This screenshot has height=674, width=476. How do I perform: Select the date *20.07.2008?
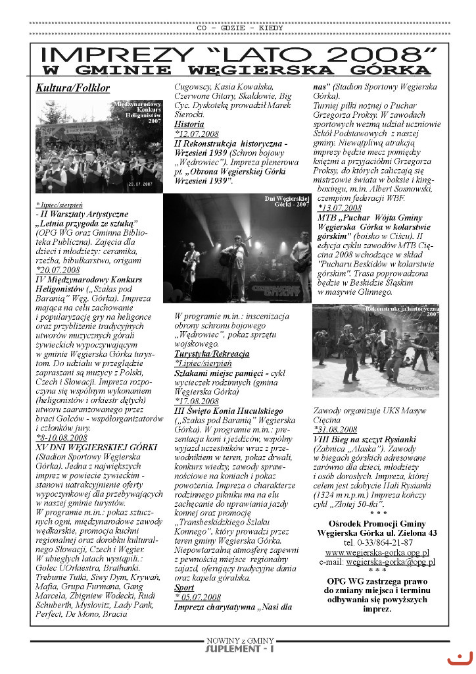58,270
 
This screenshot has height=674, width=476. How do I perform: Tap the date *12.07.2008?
197,134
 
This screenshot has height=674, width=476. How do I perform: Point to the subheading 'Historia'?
189,124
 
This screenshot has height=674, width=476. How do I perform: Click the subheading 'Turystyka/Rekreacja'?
212,353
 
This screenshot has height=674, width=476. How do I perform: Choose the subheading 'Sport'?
184,587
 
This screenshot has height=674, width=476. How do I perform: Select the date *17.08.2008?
197,401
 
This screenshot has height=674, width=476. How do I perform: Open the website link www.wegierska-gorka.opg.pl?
377,552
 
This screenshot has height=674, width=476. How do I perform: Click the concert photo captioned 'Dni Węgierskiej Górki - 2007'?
237,247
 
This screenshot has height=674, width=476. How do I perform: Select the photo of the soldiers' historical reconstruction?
375,350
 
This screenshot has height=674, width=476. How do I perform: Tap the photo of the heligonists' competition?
99,146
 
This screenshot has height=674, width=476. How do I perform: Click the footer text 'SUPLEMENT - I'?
240,650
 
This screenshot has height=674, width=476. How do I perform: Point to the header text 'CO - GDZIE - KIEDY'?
240,28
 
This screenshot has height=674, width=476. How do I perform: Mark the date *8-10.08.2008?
61,437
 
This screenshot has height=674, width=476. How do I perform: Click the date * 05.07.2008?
197,597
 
